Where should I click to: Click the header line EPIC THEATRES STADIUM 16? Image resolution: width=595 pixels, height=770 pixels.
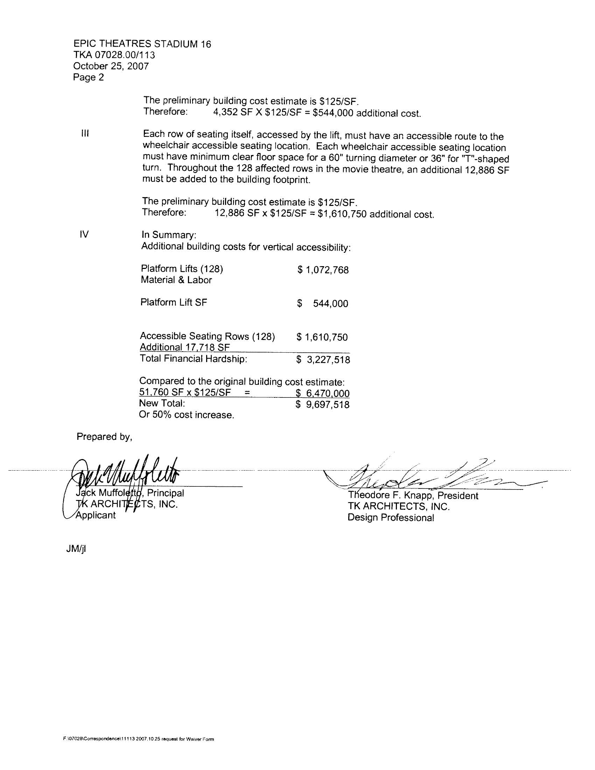tap(142, 44)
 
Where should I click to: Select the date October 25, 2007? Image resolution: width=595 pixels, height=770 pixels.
tap(111, 66)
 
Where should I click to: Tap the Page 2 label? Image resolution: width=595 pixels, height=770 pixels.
tap(89, 77)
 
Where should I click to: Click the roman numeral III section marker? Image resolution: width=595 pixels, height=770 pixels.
tap(85, 134)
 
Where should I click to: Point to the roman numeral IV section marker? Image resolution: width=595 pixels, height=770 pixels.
tap(84, 234)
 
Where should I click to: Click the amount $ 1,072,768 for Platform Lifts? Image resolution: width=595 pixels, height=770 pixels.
tap(323, 270)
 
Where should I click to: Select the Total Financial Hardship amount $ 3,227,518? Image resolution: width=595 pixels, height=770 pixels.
tap(323, 360)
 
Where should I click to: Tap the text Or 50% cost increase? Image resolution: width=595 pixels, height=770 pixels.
tap(187, 415)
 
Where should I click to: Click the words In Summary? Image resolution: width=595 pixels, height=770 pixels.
tap(169, 235)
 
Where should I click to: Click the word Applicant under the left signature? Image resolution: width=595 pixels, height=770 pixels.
tap(96, 515)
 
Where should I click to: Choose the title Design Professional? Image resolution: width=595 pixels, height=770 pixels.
tap(391, 518)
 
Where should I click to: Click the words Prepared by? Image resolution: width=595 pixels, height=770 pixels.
tap(104, 437)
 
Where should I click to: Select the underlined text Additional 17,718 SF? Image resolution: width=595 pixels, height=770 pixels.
tap(185, 347)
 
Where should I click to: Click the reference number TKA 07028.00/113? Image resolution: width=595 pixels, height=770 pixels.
tap(114, 55)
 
